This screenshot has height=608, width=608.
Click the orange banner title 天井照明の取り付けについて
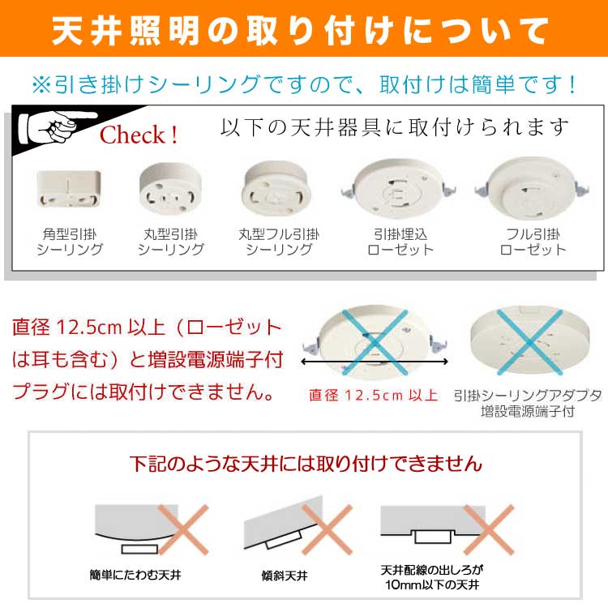(x=300, y=31)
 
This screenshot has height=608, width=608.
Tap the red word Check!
(x=139, y=135)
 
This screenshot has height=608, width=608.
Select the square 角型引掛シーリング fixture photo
(x=69, y=189)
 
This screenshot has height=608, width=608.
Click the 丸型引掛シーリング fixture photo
(x=170, y=189)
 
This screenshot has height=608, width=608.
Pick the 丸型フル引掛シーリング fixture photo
(x=276, y=189)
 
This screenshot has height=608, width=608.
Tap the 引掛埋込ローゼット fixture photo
(x=399, y=189)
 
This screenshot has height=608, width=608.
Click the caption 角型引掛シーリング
(x=70, y=242)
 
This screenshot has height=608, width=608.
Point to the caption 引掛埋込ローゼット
(x=400, y=242)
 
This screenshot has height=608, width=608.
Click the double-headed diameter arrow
(x=375, y=362)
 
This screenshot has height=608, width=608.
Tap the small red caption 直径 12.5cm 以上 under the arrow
(x=374, y=396)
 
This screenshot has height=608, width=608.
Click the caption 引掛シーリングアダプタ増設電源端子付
(x=528, y=403)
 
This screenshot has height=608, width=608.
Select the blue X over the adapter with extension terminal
(x=529, y=342)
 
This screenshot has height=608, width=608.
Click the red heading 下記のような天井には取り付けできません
(x=306, y=464)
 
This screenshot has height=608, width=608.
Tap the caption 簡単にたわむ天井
(x=135, y=575)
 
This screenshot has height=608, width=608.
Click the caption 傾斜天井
(x=285, y=576)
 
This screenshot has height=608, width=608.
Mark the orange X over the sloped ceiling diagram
(x=327, y=529)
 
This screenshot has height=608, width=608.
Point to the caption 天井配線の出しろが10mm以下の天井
(x=432, y=577)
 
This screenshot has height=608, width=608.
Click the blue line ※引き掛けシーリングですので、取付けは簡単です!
(x=304, y=84)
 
